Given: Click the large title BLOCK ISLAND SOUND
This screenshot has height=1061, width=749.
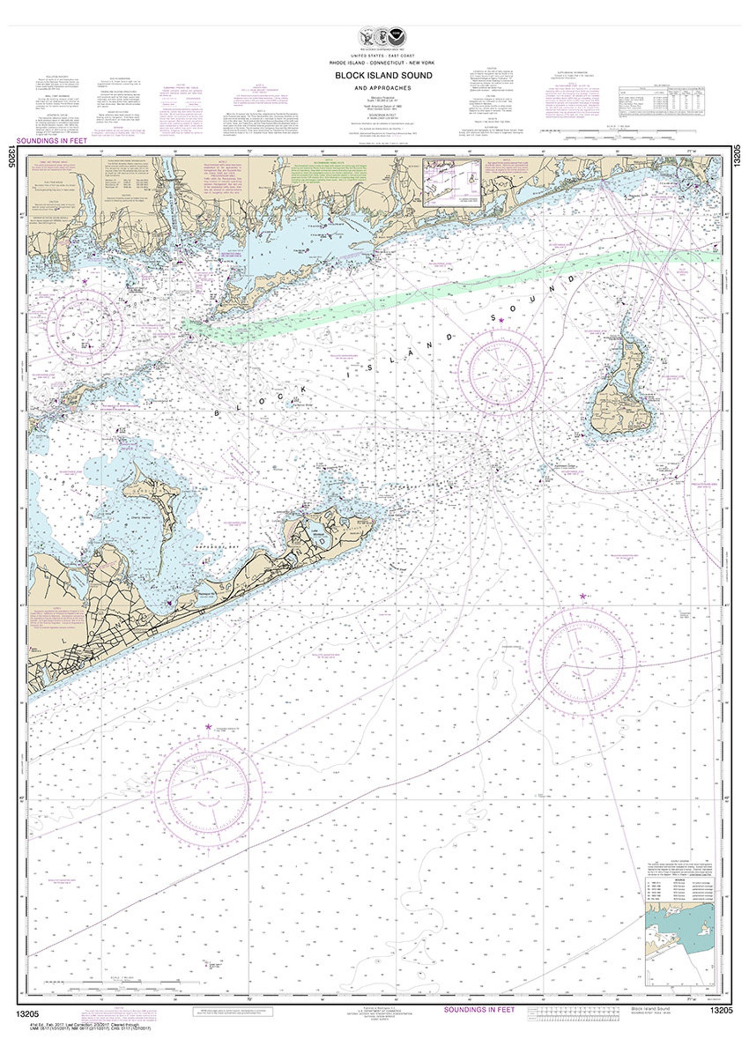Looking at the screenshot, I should point(383,75).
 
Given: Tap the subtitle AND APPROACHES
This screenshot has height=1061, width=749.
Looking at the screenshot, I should point(383,88).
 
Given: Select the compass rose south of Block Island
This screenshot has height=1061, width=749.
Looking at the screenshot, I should point(582,661).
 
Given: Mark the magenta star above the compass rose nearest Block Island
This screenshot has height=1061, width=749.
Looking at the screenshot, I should point(501,320).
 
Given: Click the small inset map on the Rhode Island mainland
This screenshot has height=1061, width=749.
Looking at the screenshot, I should point(452,184).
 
